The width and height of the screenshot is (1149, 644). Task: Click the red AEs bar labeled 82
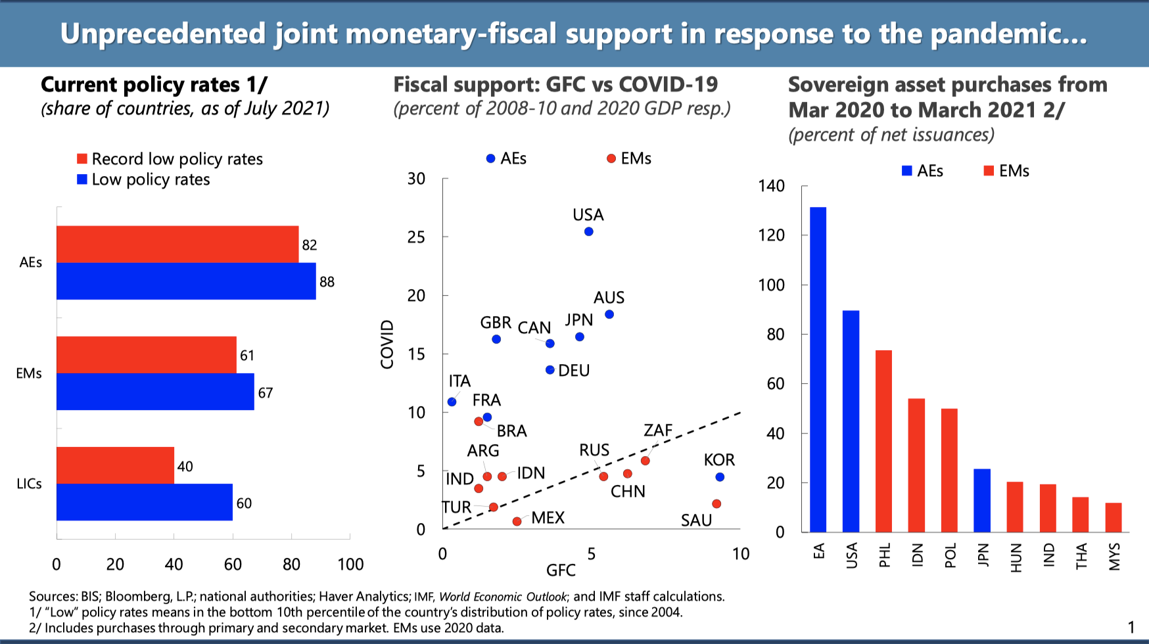[x=177, y=244]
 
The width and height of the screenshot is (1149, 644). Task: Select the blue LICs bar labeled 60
[x=145, y=502]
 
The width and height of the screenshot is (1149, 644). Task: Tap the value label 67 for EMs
[x=266, y=393]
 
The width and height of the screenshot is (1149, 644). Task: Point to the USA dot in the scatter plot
[x=589, y=231]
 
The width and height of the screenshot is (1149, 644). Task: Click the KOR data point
[x=720, y=477]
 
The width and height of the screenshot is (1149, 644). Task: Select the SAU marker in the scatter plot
[x=716, y=504]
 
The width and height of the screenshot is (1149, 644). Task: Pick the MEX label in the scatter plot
[x=548, y=518]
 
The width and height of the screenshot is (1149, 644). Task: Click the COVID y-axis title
[x=387, y=344]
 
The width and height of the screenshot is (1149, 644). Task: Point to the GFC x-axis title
[x=561, y=570]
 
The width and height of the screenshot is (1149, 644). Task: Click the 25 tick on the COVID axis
[x=416, y=237]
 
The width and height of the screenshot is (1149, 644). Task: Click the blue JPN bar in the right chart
[x=982, y=500]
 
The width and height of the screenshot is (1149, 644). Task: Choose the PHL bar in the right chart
[x=883, y=441]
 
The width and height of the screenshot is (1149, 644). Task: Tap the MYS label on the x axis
[x=1114, y=557]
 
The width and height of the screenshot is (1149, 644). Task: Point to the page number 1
[x=1131, y=627]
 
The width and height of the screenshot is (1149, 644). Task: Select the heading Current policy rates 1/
[x=154, y=85]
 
